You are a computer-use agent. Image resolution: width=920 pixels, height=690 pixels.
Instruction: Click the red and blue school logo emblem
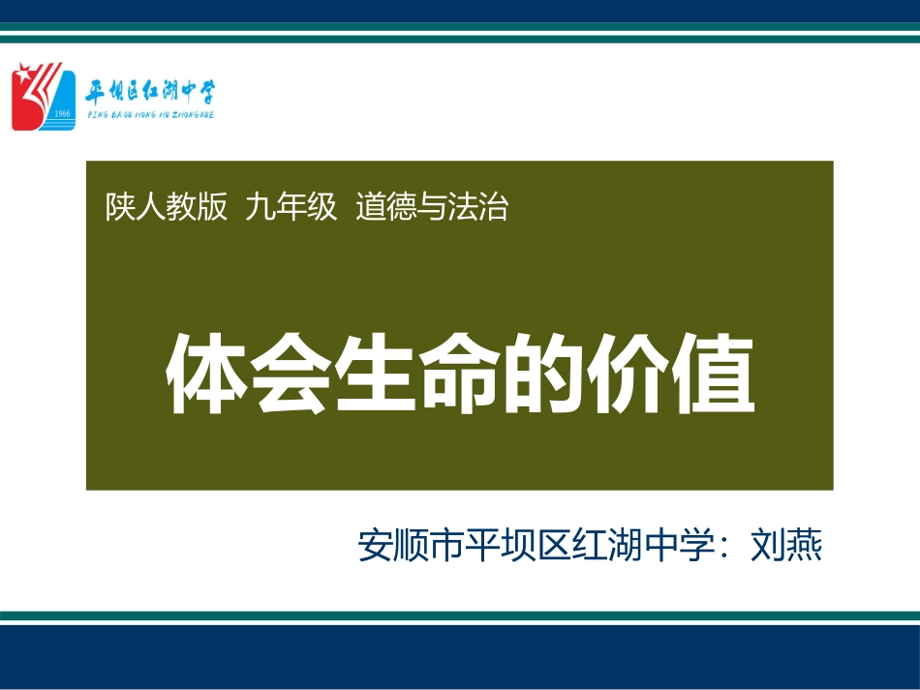click(43, 96)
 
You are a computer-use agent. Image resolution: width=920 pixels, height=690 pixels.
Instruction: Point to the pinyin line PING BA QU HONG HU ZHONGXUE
click(150, 114)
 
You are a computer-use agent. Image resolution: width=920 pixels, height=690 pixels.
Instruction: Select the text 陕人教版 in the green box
click(167, 207)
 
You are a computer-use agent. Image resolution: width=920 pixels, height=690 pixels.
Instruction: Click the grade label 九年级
click(291, 207)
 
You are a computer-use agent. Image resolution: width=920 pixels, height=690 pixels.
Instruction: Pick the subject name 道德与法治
click(431, 207)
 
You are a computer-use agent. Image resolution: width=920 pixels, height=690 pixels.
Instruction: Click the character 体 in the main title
click(205, 375)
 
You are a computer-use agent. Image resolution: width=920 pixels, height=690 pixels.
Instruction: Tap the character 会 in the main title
click(290, 375)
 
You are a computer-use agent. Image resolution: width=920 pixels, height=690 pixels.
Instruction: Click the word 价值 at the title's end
click(670, 375)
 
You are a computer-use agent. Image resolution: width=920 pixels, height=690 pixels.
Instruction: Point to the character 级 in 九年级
click(322, 207)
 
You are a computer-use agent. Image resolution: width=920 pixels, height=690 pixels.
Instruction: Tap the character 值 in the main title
click(714, 375)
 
